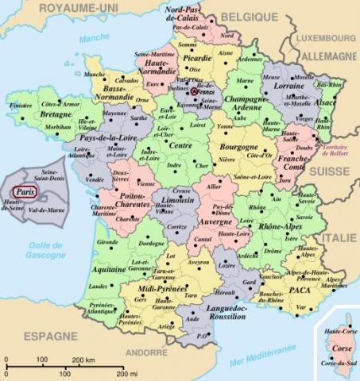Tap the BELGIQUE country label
[244, 15]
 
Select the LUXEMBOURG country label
[326, 37]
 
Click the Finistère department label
[21, 105]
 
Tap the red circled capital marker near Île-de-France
[193, 92]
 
